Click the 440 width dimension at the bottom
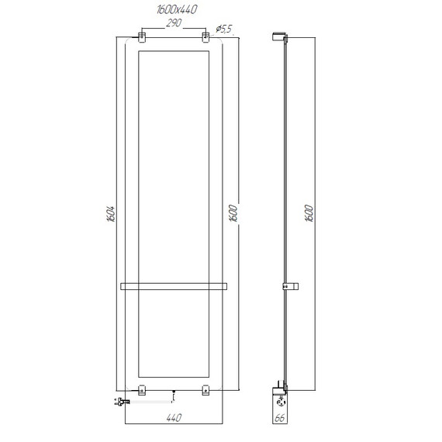(x=173, y=420)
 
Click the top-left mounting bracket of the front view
(x=142, y=37)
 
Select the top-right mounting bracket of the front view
(x=205, y=37)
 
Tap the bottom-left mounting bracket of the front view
(x=142, y=390)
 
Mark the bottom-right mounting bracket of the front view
(x=205, y=390)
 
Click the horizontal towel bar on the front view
(x=173, y=287)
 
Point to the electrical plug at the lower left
(x=119, y=402)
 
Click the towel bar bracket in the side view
(x=291, y=287)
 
